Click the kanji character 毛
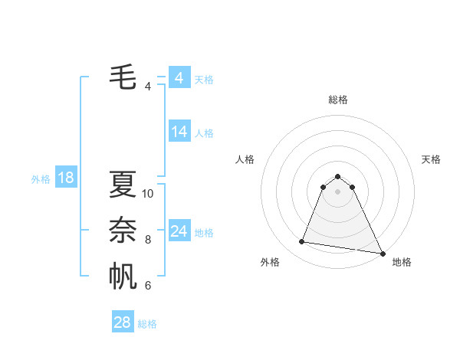pos(123,77)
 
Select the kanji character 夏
pos(123,184)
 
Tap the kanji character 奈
pos(123,230)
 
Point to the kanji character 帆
pos(123,277)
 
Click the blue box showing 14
pos(179,132)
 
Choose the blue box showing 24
pos(179,231)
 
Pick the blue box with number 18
pos(66,178)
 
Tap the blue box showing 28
pos(123,322)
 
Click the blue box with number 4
pos(179,78)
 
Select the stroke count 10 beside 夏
pos(148,194)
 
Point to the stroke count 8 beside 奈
pos(148,240)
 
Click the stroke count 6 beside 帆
pos(148,286)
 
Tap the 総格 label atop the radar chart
pos(338,100)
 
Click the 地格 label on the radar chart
pos(402,262)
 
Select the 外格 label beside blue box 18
pos(41,179)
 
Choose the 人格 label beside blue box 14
pos(204,133)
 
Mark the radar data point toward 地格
pos(383,254)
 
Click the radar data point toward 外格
pos(301,242)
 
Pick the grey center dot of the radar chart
pos(338,191)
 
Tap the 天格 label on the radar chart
pos(432,159)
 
